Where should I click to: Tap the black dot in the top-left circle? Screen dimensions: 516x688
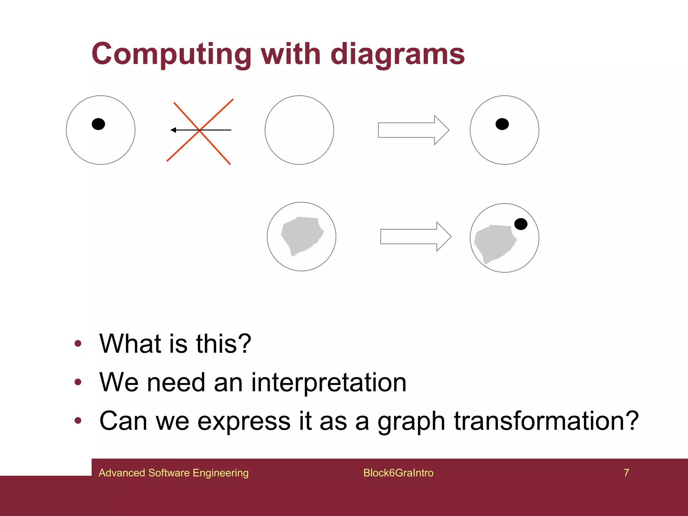pyautogui.click(x=98, y=124)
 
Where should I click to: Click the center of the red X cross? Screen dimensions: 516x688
pyautogui.click(x=200, y=130)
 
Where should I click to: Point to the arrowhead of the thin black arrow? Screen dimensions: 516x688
pyautogui.click(x=173, y=130)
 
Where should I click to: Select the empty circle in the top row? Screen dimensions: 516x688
pyautogui.click(x=299, y=130)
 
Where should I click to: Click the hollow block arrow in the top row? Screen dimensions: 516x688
pyautogui.click(x=413, y=130)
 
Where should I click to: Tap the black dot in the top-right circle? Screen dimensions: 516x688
pyautogui.click(x=502, y=124)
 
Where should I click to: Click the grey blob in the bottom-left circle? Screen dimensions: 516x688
pyautogui.click(x=301, y=235)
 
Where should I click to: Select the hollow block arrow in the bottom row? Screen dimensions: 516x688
pyautogui.click(x=416, y=236)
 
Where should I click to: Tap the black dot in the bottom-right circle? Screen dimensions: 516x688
pyautogui.click(x=521, y=224)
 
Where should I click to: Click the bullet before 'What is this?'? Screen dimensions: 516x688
pyautogui.click(x=78, y=343)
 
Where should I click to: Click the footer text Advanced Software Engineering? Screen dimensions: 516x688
pyautogui.click(x=173, y=473)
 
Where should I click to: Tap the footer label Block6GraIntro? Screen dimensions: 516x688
pyautogui.click(x=398, y=473)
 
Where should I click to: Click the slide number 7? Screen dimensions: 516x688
pyautogui.click(x=626, y=473)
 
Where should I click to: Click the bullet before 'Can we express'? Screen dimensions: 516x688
pyautogui.click(x=78, y=421)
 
